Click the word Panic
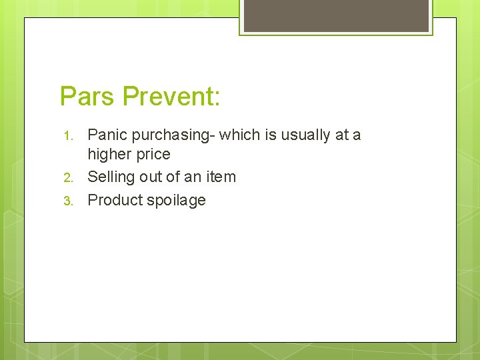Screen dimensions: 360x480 (x=107, y=135)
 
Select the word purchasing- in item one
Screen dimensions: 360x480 (x=173, y=135)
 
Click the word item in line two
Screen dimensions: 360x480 (x=222, y=177)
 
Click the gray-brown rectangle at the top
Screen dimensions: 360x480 (x=336, y=15)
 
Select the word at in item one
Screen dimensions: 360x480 (x=342, y=135)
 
